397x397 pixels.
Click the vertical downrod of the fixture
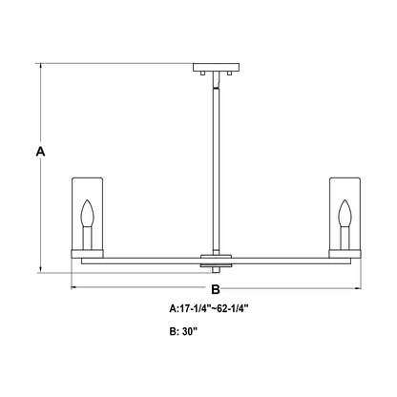coord(215,162)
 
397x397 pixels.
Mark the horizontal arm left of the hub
coord(143,259)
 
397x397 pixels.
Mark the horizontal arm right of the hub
coord(286,259)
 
